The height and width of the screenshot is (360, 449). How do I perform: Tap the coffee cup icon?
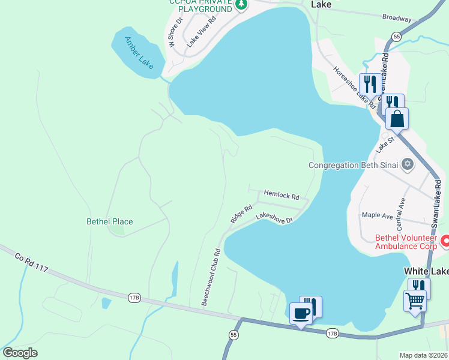click(x=301, y=313)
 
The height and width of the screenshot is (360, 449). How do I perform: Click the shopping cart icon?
click(x=415, y=300)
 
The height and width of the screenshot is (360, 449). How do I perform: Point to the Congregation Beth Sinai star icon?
click(x=408, y=164)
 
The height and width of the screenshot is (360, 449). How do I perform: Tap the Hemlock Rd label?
click(x=282, y=196)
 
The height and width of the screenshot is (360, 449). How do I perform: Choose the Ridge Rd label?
click(x=241, y=214)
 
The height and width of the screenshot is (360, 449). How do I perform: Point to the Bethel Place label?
click(x=110, y=221)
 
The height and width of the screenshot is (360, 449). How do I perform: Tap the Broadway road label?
click(x=397, y=19)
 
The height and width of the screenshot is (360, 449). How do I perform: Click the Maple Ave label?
click(x=377, y=215)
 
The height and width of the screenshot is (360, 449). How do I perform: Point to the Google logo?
click(x=20, y=353)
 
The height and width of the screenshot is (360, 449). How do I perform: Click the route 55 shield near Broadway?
click(x=397, y=37)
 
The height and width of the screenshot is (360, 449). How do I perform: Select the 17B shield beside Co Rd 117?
click(x=133, y=297)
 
